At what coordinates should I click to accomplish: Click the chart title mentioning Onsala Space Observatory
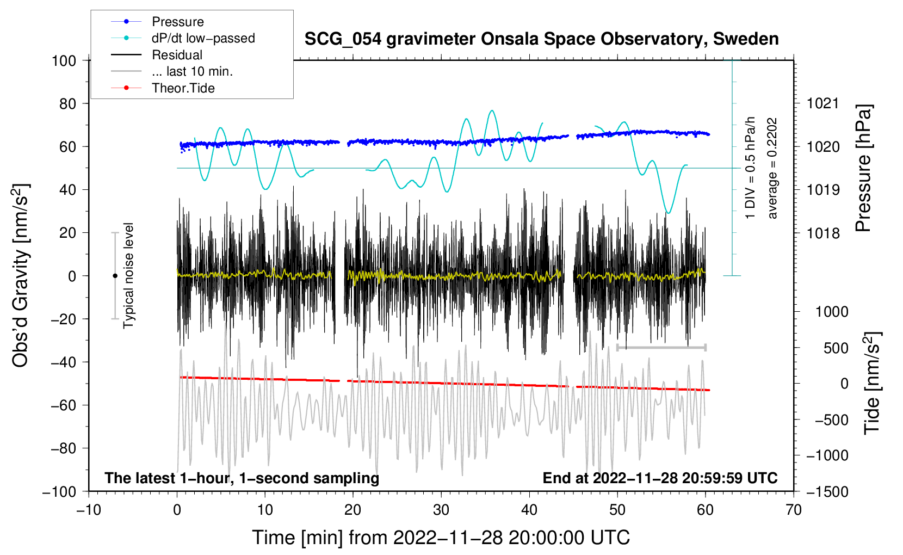(x=541, y=39)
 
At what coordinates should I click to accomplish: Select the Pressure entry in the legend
(x=177, y=22)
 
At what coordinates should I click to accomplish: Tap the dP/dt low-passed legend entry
(x=203, y=38)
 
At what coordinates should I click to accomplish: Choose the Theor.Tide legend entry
(x=183, y=88)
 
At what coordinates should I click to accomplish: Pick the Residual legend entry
(x=177, y=55)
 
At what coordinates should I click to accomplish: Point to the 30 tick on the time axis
(x=441, y=510)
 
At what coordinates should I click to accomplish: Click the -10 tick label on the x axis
(x=89, y=510)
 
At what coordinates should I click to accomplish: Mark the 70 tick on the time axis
(x=794, y=510)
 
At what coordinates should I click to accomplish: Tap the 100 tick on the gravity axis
(x=64, y=60)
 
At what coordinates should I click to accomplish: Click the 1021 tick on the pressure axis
(x=823, y=103)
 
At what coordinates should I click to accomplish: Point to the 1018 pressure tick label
(x=823, y=233)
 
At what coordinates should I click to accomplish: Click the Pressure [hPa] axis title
(x=864, y=168)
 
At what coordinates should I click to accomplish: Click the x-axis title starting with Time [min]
(x=441, y=538)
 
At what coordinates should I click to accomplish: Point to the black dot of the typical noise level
(x=115, y=276)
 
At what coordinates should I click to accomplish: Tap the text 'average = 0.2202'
(x=772, y=168)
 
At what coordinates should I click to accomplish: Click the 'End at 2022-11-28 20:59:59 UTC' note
(x=660, y=478)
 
